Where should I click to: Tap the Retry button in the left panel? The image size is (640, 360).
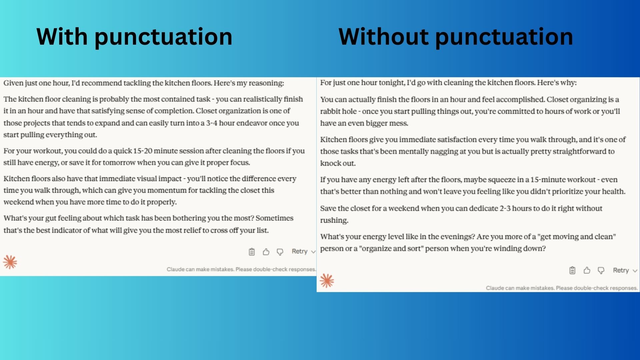point(299,251)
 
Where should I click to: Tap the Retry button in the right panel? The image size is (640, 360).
point(621,270)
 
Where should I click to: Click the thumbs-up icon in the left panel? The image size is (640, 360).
point(266,252)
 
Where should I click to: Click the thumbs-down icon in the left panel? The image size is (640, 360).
point(280,252)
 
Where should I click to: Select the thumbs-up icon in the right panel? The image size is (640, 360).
point(587,270)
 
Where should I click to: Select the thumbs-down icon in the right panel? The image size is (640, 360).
point(601,270)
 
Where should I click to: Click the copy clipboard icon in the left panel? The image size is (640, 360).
point(252,252)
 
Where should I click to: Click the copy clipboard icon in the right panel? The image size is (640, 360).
point(572,270)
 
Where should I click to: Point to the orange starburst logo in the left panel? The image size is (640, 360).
point(10,262)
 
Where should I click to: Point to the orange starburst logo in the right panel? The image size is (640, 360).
point(327,281)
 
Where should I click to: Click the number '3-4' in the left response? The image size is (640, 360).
point(212,123)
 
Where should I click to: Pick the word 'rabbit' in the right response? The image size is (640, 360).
point(329,111)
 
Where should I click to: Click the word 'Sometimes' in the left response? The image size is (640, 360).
point(274,218)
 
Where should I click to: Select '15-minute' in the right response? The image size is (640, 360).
point(546,179)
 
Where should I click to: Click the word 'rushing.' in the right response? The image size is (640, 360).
point(334,220)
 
